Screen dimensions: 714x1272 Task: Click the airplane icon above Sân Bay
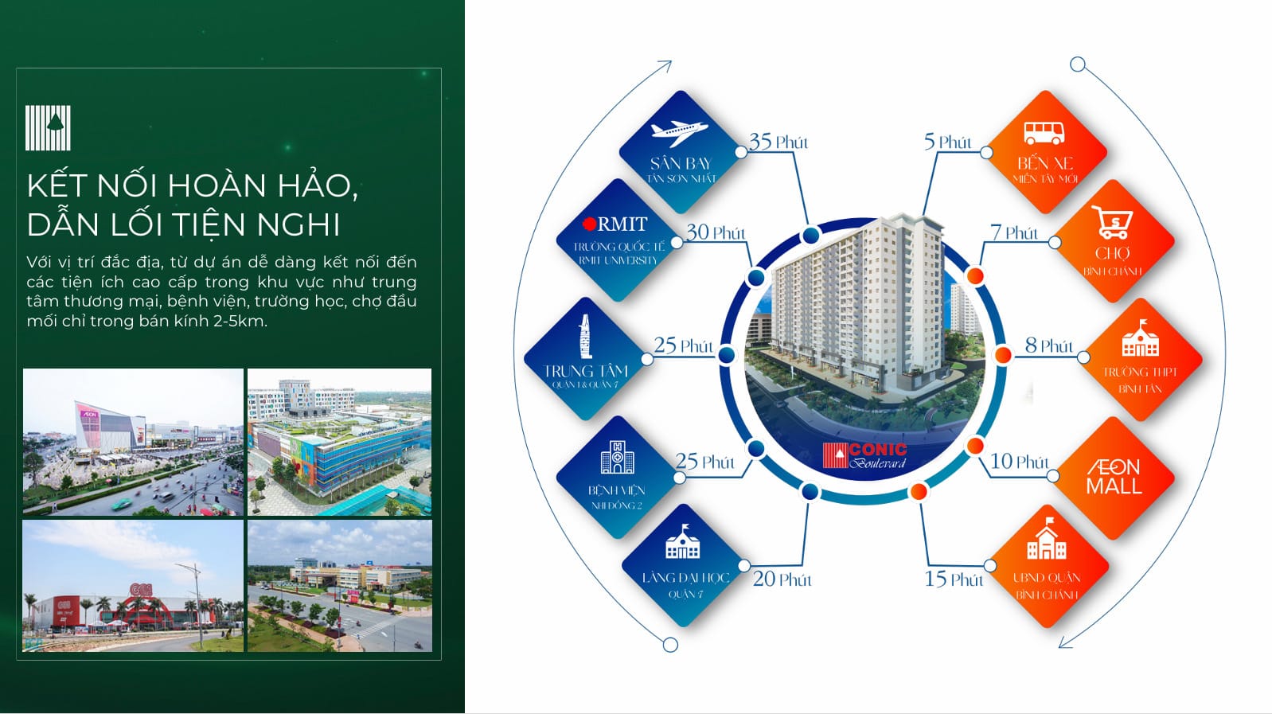[679, 132]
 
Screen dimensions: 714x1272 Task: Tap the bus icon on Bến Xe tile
[1043, 132]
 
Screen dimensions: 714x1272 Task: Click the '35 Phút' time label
[778, 142]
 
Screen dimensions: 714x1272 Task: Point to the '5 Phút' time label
[947, 142]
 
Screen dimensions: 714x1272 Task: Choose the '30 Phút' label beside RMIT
[716, 232]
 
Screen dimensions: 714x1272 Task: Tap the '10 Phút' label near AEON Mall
[1019, 462]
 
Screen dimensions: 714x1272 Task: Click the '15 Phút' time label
[953, 579]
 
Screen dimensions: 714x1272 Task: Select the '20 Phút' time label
[782, 579]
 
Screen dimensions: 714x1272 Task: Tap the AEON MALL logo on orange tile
[1114, 476]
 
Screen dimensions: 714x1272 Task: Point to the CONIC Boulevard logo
[865, 455]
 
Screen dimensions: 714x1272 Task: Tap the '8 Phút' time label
[1048, 345]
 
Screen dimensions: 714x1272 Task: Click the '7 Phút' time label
[1013, 232]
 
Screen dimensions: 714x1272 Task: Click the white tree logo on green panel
[49, 127]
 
